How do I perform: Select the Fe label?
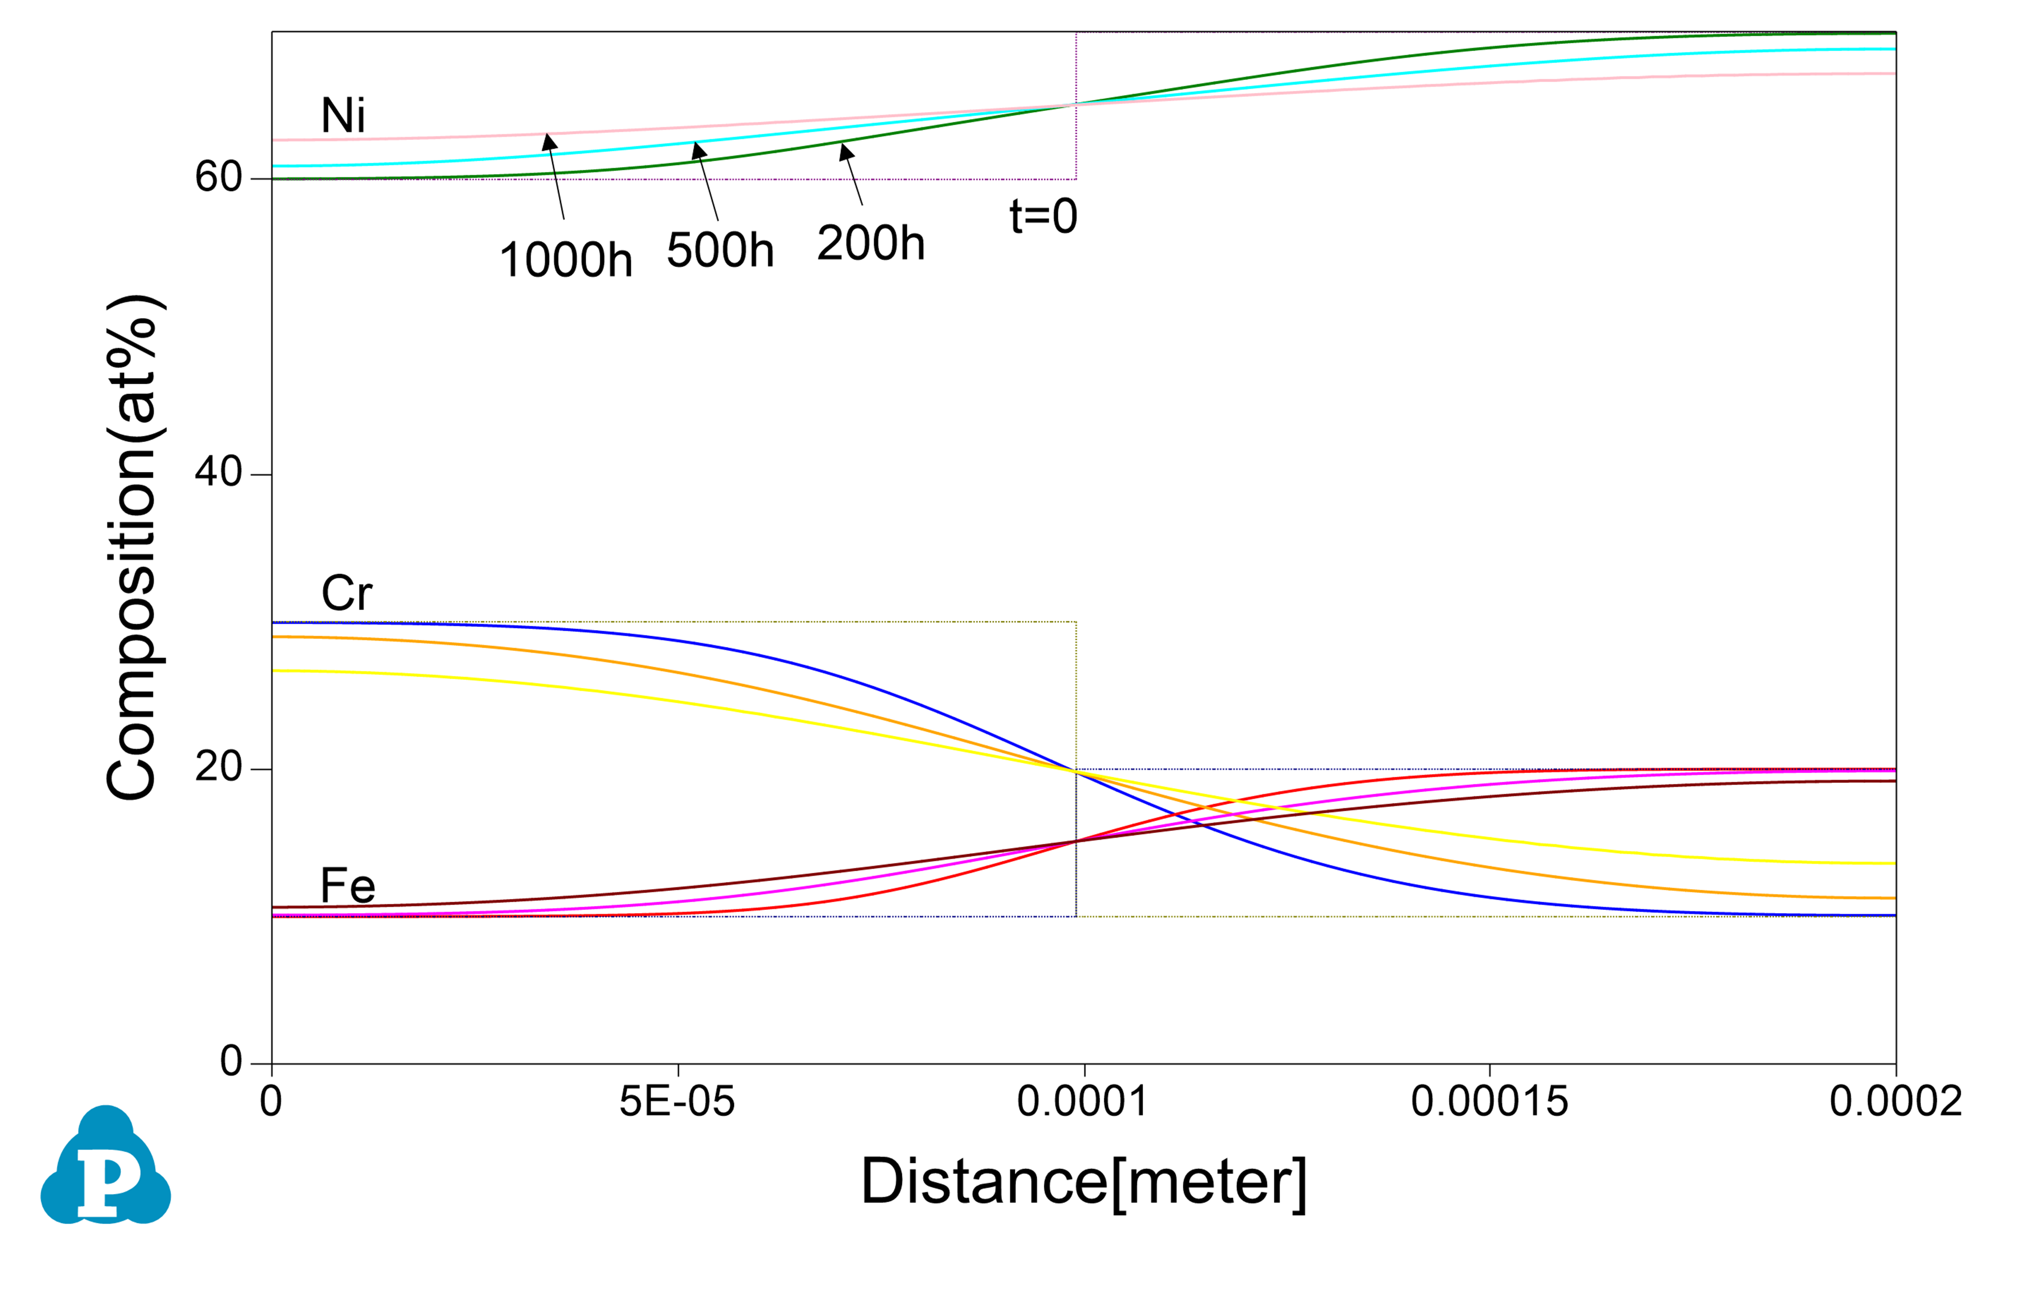(347, 886)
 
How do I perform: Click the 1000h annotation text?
(565, 259)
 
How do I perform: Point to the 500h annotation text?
(720, 250)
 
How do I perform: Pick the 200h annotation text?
(870, 243)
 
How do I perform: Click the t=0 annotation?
(1043, 216)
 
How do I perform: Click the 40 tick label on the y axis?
(218, 472)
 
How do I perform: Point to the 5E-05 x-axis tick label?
(677, 1102)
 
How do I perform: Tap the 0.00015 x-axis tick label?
(1489, 1102)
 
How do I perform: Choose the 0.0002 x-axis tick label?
(1896, 1102)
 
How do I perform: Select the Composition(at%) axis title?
(133, 547)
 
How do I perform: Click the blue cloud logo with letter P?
(105, 1167)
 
